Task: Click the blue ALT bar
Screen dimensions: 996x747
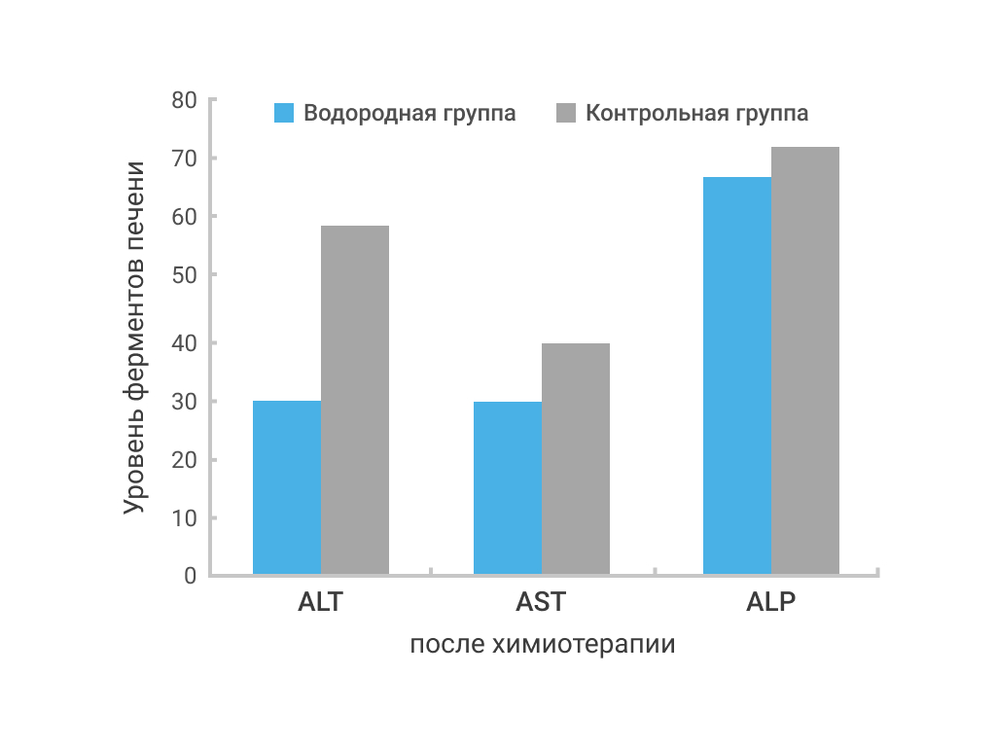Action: point(287,487)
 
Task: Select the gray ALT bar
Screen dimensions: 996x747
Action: point(355,400)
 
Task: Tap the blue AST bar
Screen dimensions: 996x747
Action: point(508,488)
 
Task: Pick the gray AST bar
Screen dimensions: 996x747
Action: point(576,459)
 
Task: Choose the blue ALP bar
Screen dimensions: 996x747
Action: point(737,375)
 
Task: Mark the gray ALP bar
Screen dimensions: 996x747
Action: point(805,361)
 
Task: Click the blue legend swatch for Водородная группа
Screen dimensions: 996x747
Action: point(284,113)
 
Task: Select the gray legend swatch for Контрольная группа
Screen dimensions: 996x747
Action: point(566,113)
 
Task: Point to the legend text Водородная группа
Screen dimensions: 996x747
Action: point(409,114)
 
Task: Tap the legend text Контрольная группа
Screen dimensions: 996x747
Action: point(696,114)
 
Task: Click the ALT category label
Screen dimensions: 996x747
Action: point(321,601)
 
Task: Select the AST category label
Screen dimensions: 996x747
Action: point(541,601)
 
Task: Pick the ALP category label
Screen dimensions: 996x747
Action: point(770,601)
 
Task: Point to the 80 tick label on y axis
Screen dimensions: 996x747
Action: point(184,100)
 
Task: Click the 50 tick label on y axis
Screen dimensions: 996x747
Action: point(184,275)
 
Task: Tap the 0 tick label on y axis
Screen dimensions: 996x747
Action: point(191,576)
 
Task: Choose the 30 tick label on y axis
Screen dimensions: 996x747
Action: point(184,402)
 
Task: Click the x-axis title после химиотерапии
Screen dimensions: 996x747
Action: point(543,644)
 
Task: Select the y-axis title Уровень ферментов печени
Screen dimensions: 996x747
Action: point(134,338)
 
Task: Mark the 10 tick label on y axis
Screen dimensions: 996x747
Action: point(184,518)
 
